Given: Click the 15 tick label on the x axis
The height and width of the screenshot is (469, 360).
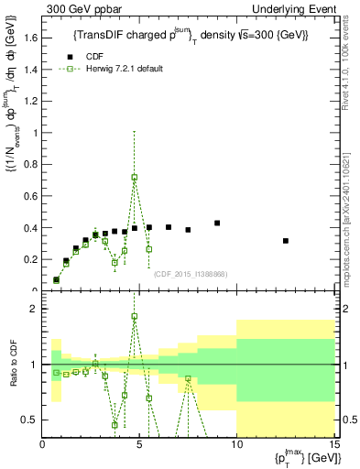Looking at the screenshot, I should pyautogui.click(x=333, y=446).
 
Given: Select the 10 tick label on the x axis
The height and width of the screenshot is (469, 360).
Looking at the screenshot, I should pyautogui.click(x=236, y=446).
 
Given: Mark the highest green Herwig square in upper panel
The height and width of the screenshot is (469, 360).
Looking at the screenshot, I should pyautogui.click(x=135, y=177).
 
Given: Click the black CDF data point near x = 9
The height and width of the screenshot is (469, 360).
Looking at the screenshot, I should pyautogui.click(x=217, y=223).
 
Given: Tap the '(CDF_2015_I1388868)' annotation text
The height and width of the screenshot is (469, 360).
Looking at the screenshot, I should pyautogui.click(x=190, y=273).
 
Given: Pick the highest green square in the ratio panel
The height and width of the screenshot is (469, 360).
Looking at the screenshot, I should pyautogui.click(x=135, y=316).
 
